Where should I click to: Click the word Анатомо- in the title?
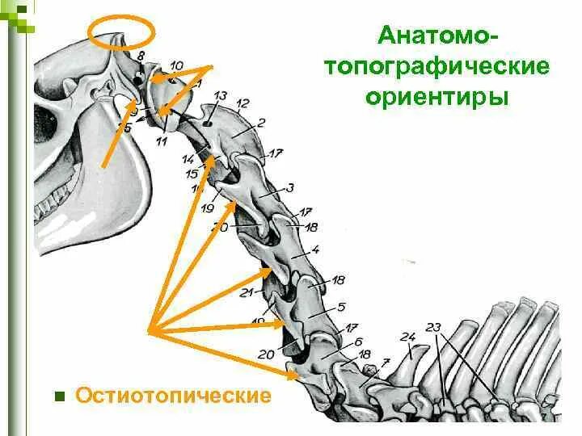(438, 36)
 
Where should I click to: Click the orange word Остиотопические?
(173, 396)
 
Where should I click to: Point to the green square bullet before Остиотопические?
(58, 396)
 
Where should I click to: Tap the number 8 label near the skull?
(141, 55)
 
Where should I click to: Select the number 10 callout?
(177, 65)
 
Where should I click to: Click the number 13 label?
(220, 97)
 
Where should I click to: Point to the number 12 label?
(242, 103)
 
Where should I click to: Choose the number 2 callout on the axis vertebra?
(261, 123)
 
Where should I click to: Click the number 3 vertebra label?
(289, 188)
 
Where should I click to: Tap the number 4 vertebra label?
(315, 249)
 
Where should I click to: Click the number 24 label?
(407, 337)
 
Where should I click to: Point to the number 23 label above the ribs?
(434, 327)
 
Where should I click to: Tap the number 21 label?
(247, 293)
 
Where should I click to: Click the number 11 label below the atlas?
(162, 142)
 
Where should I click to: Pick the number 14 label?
(188, 159)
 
